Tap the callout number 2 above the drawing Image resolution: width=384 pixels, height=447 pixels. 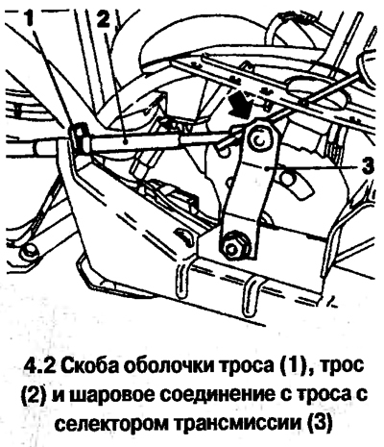(103, 18)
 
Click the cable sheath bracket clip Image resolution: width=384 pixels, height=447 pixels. (79, 138)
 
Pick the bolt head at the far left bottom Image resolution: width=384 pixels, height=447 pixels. (27, 251)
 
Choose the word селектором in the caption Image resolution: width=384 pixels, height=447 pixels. (112, 420)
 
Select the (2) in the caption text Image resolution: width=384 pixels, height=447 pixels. (33, 393)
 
